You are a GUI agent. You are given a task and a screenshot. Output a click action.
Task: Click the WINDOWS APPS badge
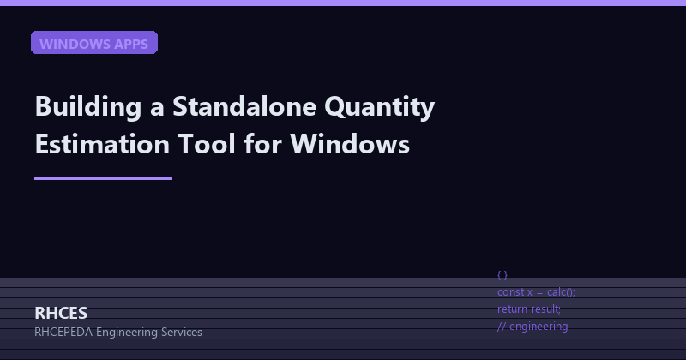click(94, 44)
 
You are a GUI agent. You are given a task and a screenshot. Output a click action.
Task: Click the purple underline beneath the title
click(103, 179)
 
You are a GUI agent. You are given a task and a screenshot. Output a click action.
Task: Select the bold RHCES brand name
click(61, 313)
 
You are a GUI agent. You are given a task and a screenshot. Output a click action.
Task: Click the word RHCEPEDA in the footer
click(63, 332)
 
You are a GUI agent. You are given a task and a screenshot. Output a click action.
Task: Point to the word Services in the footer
click(182, 332)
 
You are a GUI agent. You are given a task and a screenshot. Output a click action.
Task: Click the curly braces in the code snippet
click(502, 275)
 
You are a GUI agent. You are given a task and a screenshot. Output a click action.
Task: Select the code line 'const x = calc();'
click(536, 292)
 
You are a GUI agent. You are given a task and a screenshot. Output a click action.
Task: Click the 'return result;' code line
click(529, 309)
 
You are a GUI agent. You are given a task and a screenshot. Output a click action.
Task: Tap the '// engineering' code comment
click(533, 326)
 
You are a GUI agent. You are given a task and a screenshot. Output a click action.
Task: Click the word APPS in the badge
click(131, 44)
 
